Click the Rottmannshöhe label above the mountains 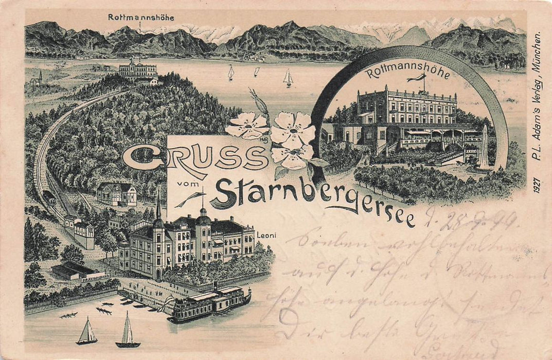click(x=140, y=17)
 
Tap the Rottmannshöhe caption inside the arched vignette click(x=407, y=74)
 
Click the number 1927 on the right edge click(x=537, y=184)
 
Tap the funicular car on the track click(x=49, y=196)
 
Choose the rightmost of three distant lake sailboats click(x=288, y=78)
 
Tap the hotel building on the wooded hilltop click(x=138, y=71)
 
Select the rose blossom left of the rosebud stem click(x=248, y=125)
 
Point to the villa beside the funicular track click(x=117, y=194)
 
